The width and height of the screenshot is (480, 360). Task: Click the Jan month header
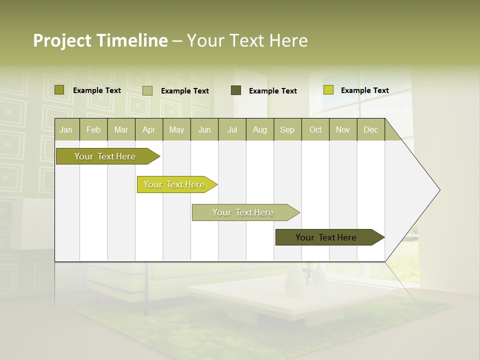[x=66, y=129]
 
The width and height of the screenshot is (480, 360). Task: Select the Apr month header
[x=148, y=129]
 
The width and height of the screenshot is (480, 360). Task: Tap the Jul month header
[x=232, y=129]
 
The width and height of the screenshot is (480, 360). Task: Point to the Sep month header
[x=287, y=129]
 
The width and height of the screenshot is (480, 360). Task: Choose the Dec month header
[x=370, y=129]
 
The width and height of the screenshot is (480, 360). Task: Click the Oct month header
[x=315, y=129]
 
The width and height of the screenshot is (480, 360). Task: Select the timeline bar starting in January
[x=105, y=156]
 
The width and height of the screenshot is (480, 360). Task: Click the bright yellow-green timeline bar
[x=174, y=184]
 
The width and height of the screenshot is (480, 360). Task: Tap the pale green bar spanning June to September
[x=243, y=212]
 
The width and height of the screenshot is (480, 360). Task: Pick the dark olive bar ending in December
[x=326, y=237]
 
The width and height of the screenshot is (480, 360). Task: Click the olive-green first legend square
[x=59, y=90]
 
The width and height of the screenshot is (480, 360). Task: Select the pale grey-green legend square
[x=147, y=90]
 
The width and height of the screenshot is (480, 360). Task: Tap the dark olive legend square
[x=236, y=90]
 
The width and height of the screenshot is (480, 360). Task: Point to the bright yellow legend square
[x=328, y=90]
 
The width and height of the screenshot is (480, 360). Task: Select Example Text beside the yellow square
[x=364, y=90]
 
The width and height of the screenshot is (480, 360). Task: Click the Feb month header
[x=93, y=129]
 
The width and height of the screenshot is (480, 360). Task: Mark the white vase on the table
[x=293, y=280]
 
